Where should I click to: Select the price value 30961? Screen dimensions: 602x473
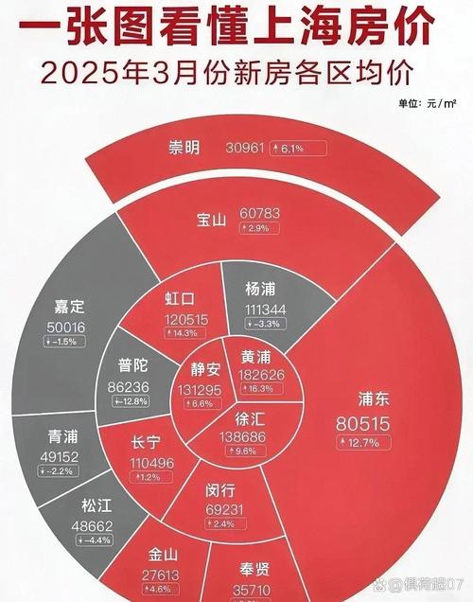248,149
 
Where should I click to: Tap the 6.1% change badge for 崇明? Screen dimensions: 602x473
300,149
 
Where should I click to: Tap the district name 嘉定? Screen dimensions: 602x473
70,307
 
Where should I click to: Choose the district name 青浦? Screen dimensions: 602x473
67,436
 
